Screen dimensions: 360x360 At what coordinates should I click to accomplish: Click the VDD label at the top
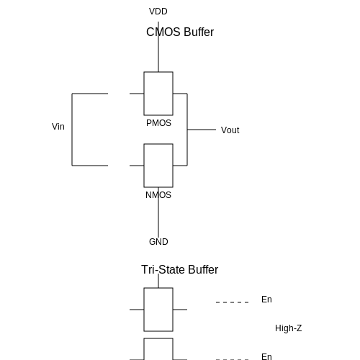click(158, 12)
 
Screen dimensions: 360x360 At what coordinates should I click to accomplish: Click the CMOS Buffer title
click(180, 32)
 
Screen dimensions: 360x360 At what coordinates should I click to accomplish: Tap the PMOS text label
click(158, 123)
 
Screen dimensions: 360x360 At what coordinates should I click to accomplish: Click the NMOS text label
click(158, 195)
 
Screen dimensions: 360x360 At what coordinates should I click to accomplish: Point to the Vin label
click(58, 127)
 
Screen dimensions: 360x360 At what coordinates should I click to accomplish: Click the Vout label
click(230, 130)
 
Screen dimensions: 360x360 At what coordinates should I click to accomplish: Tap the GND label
click(158, 242)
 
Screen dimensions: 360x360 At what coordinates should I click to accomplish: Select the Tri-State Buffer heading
click(180, 269)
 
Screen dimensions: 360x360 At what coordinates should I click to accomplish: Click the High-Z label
click(289, 328)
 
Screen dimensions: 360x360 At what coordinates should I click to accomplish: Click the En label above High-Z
click(266, 300)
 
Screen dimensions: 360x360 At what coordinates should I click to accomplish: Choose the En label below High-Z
click(266, 356)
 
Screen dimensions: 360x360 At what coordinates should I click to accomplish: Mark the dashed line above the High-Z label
click(233, 302)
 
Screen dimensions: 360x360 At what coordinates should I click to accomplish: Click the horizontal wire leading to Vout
click(202, 130)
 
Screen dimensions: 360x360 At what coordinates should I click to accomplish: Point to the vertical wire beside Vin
click(72, 130)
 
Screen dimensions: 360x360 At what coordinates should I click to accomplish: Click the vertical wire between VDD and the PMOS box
click(158, 47)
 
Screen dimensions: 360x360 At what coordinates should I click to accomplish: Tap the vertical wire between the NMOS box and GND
click(158, 212)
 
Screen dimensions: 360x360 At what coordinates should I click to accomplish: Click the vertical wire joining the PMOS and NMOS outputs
click(187, 130)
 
